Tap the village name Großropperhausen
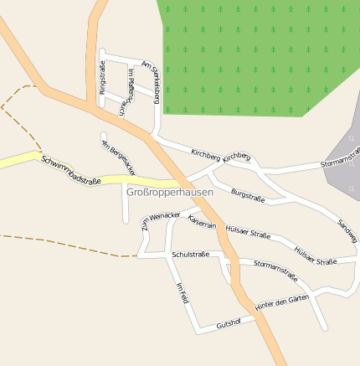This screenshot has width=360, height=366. click(x=169, y=192)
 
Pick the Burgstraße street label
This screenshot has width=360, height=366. click(x=248, y=196)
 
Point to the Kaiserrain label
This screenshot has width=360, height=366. click(x=203, y=222)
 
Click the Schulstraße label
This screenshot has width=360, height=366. click(x=190, y=254)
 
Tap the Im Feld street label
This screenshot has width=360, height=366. click(x=183, y=292)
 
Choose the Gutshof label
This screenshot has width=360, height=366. click(x=229, y=323)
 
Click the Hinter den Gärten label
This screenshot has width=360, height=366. click(x=282, y=302)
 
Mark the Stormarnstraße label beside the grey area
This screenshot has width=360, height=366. click(x=340, y=162)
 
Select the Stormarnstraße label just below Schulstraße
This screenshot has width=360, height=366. click(x=275, y=268)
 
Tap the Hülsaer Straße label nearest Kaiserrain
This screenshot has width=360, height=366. click(x=248, y=235)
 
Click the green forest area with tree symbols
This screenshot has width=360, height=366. click(x=251, y=50)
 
